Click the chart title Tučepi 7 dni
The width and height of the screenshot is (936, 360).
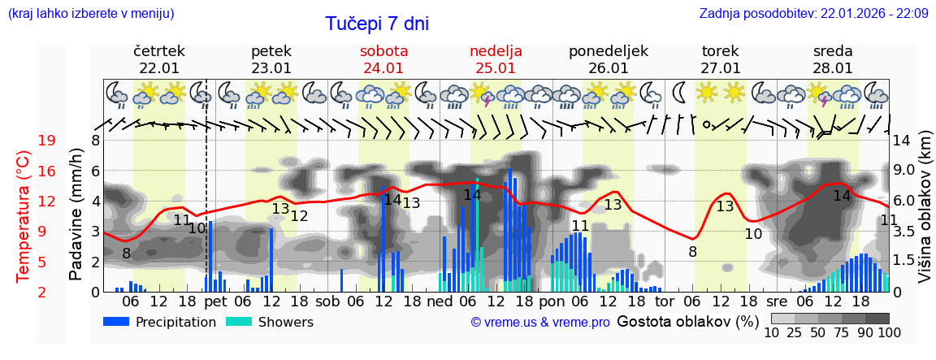point(377,24)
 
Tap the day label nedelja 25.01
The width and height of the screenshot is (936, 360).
point(496,59)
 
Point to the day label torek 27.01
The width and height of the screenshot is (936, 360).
point(721,59)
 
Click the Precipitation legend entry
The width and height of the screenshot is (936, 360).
point(159,322)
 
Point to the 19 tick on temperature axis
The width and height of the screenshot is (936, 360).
point(46,141)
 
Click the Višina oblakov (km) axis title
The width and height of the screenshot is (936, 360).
point(925,216)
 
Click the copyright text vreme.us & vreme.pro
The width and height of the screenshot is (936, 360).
point(540,323)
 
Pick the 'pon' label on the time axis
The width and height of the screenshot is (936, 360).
point(552,301)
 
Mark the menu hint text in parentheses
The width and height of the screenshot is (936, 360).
point(90,13)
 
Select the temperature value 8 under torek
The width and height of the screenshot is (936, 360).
point(692,252)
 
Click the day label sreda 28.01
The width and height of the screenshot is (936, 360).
point(833,59)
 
